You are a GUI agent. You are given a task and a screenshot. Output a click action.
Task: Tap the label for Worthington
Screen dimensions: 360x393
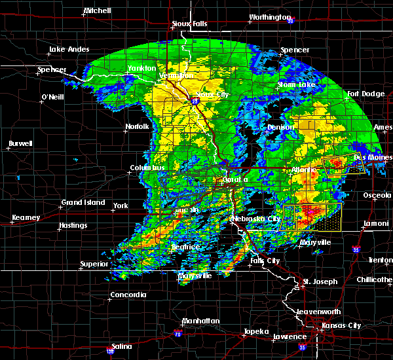(270, 17)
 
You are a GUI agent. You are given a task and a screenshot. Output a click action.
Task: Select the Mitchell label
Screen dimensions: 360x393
(97, 11)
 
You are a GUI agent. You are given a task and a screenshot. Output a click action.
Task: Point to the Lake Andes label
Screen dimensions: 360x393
(68, 50)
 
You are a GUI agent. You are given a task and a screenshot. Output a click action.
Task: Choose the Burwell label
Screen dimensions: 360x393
(21, 143)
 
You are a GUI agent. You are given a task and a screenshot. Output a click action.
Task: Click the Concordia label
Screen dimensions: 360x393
(128, 295)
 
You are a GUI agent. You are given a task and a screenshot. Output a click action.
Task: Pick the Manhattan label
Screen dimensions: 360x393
(200, 321)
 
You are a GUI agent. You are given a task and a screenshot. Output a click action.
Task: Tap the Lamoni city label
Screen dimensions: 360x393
(377, 224)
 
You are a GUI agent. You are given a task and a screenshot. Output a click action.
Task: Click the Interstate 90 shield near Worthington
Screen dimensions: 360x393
(290, 20)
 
